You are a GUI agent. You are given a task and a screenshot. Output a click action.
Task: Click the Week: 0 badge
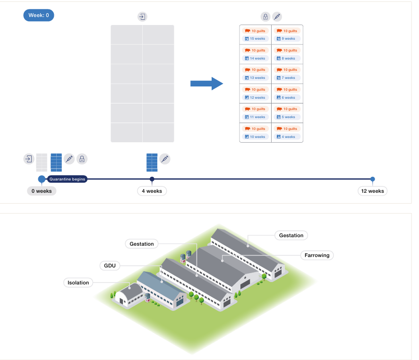pos(39,15)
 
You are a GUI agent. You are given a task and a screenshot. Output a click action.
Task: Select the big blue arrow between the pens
pos(206,84)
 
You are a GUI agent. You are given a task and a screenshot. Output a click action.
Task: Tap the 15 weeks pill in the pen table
pos(255,39)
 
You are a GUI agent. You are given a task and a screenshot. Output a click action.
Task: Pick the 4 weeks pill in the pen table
pos(287,137)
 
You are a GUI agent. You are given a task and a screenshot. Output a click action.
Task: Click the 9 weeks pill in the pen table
pos(287,39)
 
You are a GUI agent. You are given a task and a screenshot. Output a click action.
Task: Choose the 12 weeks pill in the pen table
pos(255,98)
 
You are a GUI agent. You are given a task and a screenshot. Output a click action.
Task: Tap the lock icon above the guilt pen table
pos(265,17)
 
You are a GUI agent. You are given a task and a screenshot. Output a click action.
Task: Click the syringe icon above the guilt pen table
pos(277,17)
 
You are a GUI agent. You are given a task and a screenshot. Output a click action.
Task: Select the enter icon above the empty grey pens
pos(142,17)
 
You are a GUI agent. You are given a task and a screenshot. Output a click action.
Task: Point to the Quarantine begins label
pos(67,179)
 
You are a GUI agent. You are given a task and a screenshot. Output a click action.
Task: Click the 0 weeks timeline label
pos(42,191)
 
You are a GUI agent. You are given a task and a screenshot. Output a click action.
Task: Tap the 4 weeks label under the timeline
pos(152,191)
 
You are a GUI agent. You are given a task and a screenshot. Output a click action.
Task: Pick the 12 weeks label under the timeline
pos(372,191)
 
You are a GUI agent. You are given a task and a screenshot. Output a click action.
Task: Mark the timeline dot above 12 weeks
pos(373,179)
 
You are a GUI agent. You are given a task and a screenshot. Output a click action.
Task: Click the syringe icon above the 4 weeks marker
pos(164,159)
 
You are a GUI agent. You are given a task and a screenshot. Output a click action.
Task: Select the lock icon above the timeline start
pos(82,159)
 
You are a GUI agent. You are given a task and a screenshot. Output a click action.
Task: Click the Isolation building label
pos(78,283)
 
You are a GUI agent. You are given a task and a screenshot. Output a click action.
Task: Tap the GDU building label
pos(110,266)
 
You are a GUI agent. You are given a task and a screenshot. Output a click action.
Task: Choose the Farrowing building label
pos(316,255)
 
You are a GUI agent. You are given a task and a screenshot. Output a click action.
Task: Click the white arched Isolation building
pos(128,296)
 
